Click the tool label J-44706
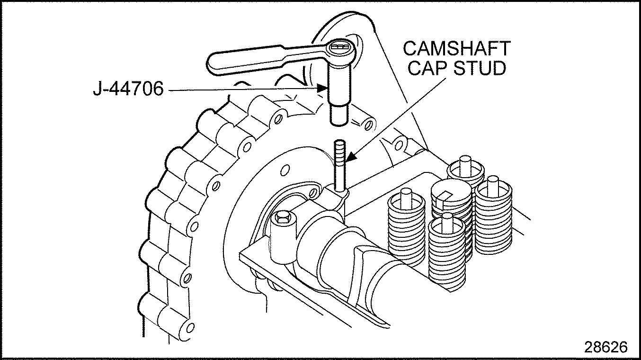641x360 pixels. (x=127, y=89)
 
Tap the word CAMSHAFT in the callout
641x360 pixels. (x=456, y=49)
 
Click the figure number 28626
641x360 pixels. (x=605, y=347)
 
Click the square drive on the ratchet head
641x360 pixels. (x=340, y=48)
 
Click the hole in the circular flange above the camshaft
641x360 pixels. (x=285, y=169)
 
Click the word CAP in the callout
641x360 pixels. (x=429, y=69)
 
